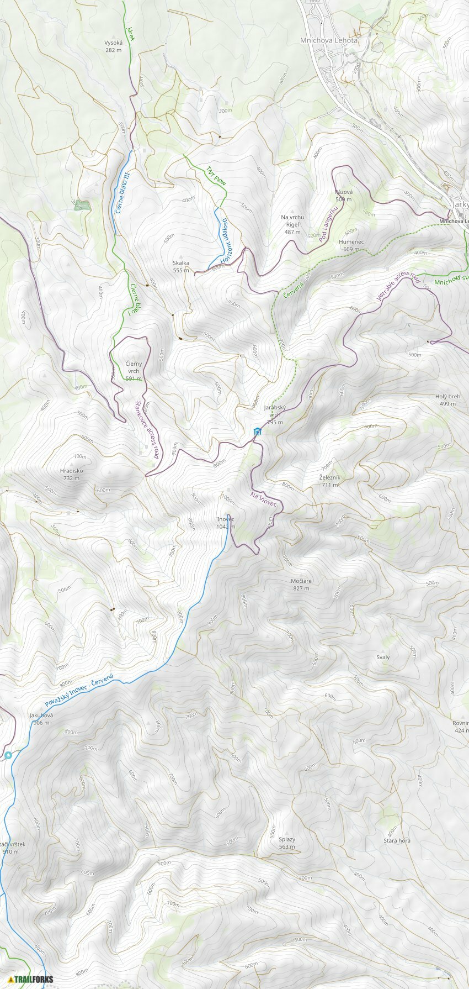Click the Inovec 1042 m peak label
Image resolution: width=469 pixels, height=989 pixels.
point(226,523)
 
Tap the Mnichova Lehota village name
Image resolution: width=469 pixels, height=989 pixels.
point(329,40)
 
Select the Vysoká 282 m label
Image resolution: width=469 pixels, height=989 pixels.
point(113,46)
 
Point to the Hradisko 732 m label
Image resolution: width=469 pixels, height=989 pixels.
point(72,474)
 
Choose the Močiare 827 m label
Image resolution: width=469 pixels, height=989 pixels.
point(301,585)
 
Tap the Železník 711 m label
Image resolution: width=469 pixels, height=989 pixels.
point(330,481)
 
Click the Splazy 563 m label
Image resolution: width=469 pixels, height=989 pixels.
point(287,843)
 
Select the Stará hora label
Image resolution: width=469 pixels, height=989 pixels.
point(397,840)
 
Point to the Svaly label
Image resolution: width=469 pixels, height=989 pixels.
point(383,657)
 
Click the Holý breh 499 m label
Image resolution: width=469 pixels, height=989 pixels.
point(447,400)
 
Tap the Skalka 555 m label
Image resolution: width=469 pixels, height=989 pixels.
point(181,266)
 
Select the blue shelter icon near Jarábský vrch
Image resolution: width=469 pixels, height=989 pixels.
point(257,431)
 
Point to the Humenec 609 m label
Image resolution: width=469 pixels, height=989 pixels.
point(351,245)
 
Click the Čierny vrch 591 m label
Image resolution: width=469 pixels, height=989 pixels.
point(134,371)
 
